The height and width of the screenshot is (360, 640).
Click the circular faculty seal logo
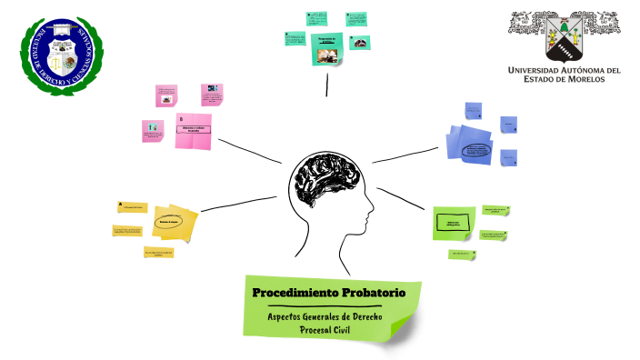(63, 56)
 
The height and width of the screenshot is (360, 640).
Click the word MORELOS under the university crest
(597, 78)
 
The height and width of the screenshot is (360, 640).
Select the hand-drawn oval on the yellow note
(171, 221)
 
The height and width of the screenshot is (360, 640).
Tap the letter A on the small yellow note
(121, 204)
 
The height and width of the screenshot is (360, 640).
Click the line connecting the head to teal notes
(327, 82)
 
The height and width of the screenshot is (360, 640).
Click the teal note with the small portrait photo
(360, 42)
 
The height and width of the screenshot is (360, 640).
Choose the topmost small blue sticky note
(474, 110)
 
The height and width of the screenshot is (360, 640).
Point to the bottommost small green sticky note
(461, 254)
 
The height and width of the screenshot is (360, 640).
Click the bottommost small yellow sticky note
(158, 252)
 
